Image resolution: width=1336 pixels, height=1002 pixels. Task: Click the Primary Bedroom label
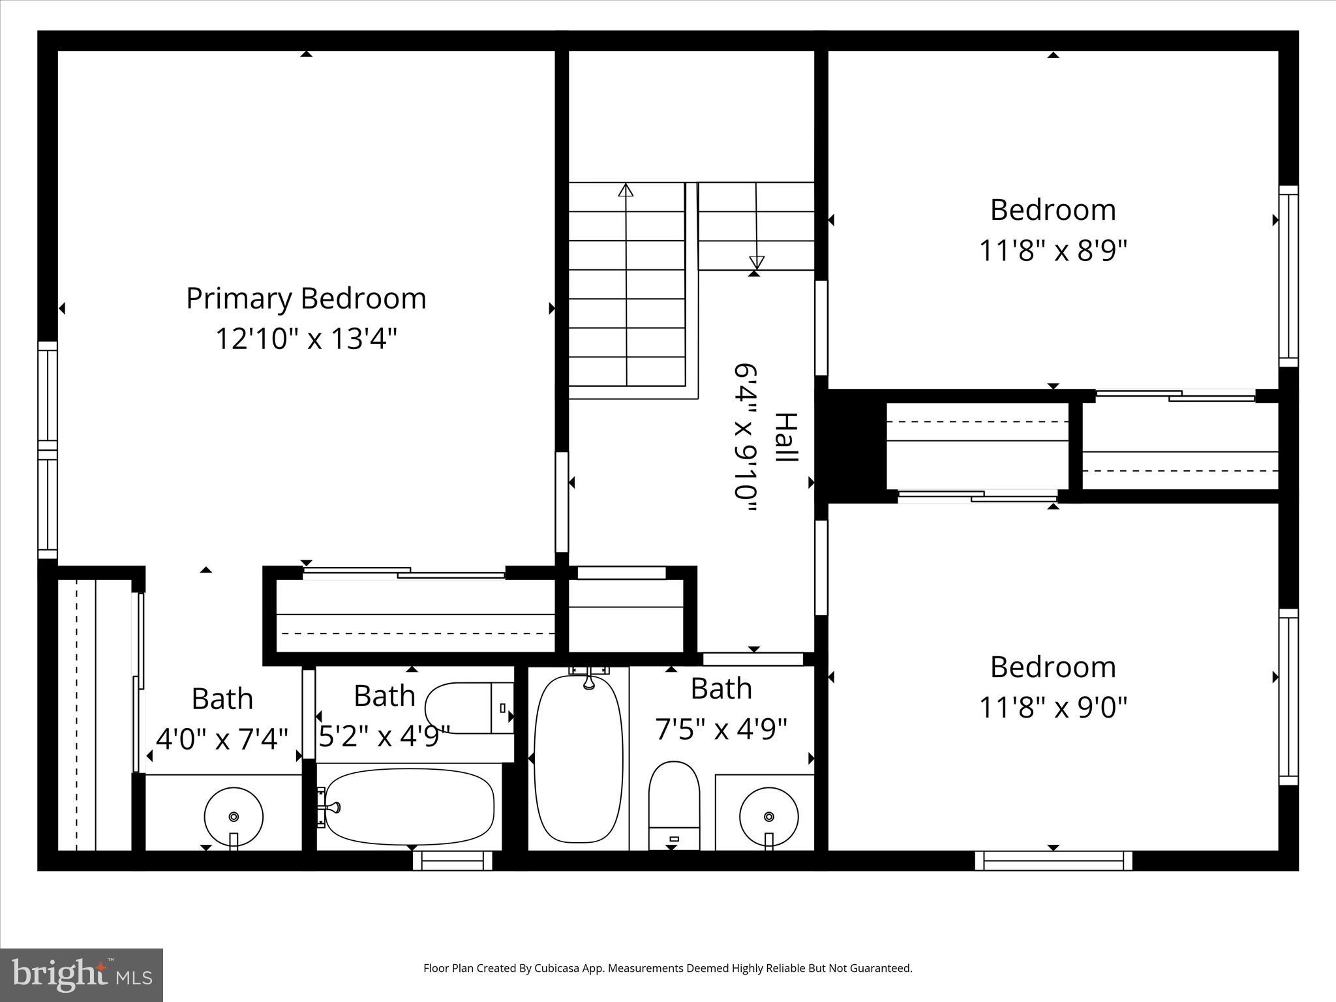click(306, 299)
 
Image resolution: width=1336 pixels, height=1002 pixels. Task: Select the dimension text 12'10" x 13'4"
click(306, 339)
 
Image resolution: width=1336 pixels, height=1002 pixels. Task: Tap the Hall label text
click(785, 438)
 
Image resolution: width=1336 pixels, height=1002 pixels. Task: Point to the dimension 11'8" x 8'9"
click(1053, 250)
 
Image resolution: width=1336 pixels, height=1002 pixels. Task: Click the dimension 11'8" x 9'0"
click(1053, 707)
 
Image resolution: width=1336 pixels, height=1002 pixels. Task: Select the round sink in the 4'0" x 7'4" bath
click(234, 817)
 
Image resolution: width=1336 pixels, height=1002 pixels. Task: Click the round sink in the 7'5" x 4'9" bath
click(768, 817)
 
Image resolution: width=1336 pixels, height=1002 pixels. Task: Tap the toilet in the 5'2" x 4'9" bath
click(468, 708)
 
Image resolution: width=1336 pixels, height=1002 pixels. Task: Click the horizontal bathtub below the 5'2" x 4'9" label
click(409, 806)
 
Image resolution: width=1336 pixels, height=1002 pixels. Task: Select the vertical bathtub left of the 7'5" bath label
click(578, 758)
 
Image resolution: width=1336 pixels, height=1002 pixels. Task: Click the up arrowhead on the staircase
click(626, 190)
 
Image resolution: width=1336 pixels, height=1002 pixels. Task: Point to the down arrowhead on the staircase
click(756, 262)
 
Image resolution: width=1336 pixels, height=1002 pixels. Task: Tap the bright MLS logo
click(82, 975)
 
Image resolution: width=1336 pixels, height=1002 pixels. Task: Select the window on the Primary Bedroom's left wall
click(48, 450)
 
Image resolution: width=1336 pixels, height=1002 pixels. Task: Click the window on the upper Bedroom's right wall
click(1288, 276)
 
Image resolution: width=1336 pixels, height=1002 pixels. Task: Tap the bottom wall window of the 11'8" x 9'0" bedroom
click(1053, 861)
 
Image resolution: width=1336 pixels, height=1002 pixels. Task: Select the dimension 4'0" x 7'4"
click(222, 739)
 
